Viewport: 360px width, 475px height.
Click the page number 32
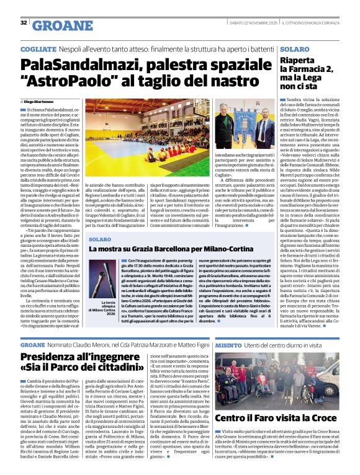pos(24,23)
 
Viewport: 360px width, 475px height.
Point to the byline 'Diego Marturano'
pos(38,101)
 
